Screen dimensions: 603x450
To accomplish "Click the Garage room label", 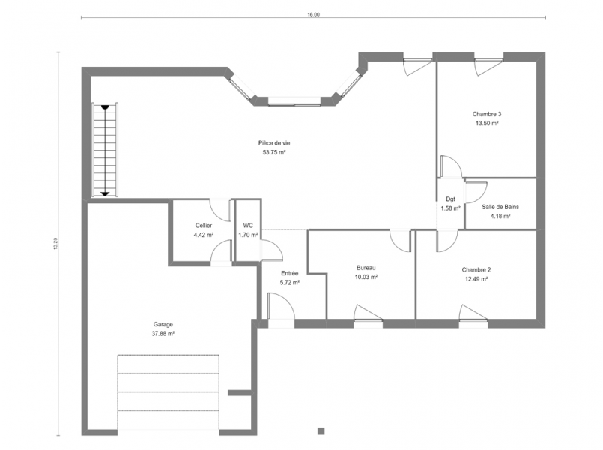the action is (x=163, y=325).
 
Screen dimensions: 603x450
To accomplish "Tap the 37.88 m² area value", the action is (x=163, y=334).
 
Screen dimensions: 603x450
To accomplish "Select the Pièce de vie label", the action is (x=274, y=143).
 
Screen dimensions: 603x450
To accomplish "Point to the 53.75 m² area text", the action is (x=274, y=152).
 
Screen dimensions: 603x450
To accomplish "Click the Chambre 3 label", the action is (x=487, y=114).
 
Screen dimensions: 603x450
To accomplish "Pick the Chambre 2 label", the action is (x=476, y=270).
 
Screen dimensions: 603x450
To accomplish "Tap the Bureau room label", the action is (x=366, y=268).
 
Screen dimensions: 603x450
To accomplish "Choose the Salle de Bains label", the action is (x=500, y=207).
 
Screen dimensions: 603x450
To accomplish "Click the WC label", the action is (x=248, y=226).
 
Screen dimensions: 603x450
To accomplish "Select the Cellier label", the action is (x=204, y=226).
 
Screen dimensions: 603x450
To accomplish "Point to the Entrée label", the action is (x=290, y=273).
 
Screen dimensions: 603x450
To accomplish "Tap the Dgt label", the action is (x=450, y=199).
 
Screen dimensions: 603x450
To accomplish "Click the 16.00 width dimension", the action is (x=313, y=15).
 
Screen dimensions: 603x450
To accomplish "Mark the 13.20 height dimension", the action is (x=55, y=244).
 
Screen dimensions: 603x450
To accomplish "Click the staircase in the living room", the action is (x=105, y=150).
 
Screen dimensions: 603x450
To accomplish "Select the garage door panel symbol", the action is (x=168, y=392).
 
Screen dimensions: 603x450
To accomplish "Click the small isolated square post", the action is (x=321, y=431).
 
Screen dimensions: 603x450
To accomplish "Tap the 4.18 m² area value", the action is (x=500, y=216).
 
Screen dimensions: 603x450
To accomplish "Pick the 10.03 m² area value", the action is (x=366, y=277).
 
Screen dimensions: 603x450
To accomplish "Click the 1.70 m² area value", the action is (x=248, y=235).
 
